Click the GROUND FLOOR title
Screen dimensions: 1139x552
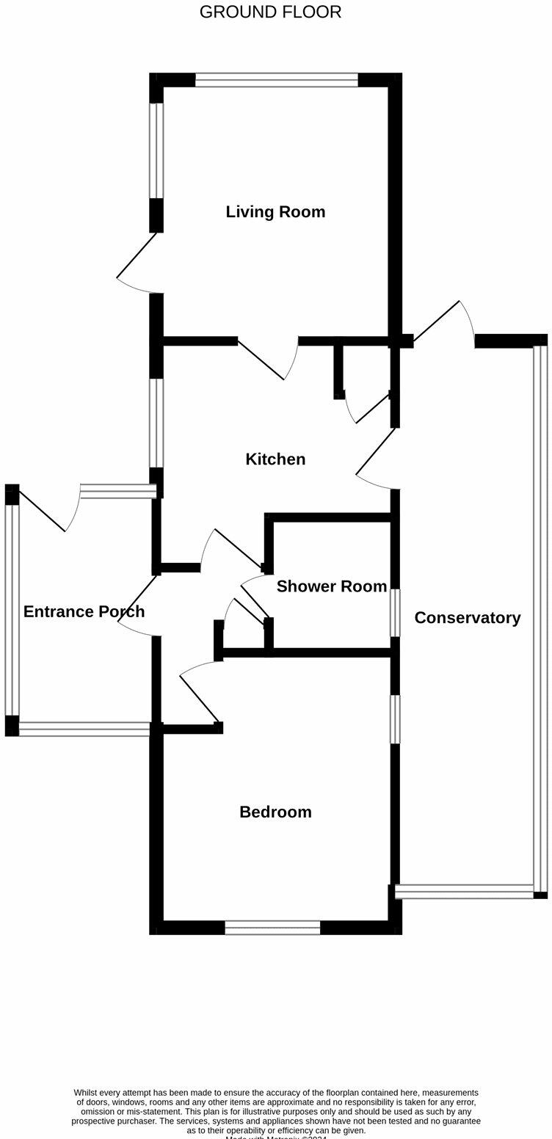[x=270, y=12]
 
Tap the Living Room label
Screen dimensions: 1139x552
[x=275, y=212]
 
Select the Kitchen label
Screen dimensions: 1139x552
[x=275, y=459]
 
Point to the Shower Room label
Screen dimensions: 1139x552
[x=332, y=586]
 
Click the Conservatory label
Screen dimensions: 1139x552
[x=468, y=618]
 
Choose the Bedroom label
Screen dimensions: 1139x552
[x=275, y=812]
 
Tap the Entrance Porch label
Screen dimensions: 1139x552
[x=84, y=611]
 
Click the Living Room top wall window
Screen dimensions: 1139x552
[x=277, y=80]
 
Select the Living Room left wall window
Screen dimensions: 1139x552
[x=156, y=150]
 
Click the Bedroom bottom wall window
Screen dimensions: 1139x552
[x=272, y=928]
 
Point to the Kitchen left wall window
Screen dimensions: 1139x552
[x=156, y=423]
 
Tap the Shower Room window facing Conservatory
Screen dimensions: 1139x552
[x=395, y=613]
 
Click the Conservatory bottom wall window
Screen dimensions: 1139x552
[x=464, y=892]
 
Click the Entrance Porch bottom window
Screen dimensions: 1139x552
[x=84, y=729]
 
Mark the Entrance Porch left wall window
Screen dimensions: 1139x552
[x=12, y=610]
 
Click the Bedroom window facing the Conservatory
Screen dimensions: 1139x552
[x=395, y=719]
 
